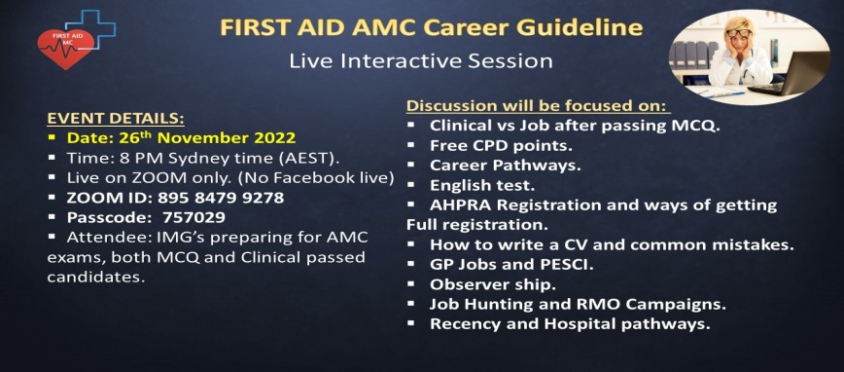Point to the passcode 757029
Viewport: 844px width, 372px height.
tap(194, 218)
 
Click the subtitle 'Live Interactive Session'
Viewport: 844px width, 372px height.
tap(421, 60)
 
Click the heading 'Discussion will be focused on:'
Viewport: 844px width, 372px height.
tap(538, 105)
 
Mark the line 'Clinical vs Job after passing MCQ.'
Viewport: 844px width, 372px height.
tap(568, 126)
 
